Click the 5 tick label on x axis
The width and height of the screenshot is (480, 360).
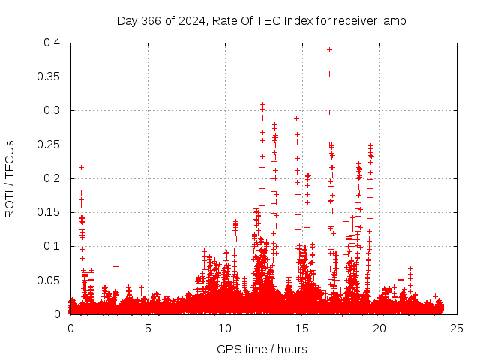(148, 328)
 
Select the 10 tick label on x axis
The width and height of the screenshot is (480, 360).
(225, 328)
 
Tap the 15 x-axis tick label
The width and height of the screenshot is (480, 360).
(302, 328)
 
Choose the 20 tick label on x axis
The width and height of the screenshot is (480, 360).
(379, 328)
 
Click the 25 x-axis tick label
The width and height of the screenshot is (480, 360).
(457, 328)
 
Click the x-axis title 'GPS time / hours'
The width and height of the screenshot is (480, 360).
(262, 349)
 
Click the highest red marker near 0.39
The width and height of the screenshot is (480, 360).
(329, 49)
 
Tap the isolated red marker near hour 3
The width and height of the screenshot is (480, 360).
(116, 266)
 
